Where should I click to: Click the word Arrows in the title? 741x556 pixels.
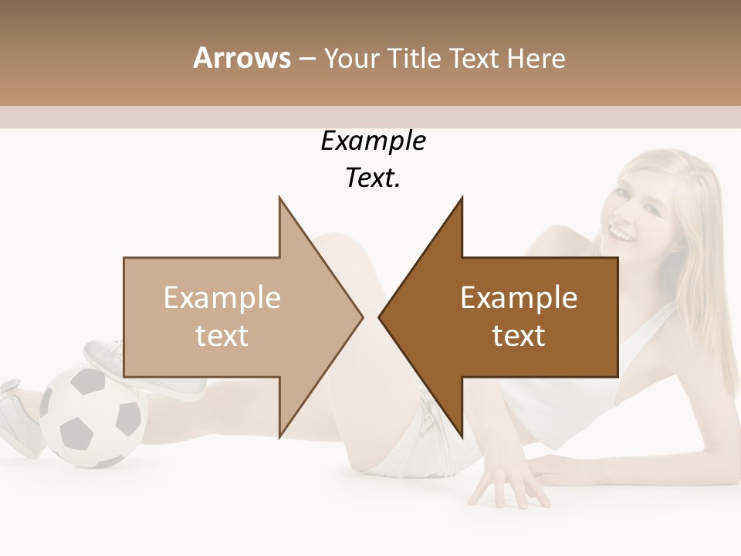pos(242,58)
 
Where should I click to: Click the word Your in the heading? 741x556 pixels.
pos(352,58)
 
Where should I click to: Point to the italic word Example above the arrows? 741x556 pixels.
pos(373,141)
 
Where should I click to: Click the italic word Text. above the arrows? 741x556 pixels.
pos(373,178)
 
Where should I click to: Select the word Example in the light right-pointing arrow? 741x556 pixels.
pos(222,298)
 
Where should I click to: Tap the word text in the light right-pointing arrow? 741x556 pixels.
pos(222,336)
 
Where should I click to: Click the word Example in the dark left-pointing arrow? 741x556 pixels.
pos(519,298)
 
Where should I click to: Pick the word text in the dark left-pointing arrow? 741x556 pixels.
pos(519,336)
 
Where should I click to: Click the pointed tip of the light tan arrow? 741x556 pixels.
pos(361,317)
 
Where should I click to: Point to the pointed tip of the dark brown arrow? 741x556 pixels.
pos(381,317)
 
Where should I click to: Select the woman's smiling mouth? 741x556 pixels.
pos(620,229)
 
